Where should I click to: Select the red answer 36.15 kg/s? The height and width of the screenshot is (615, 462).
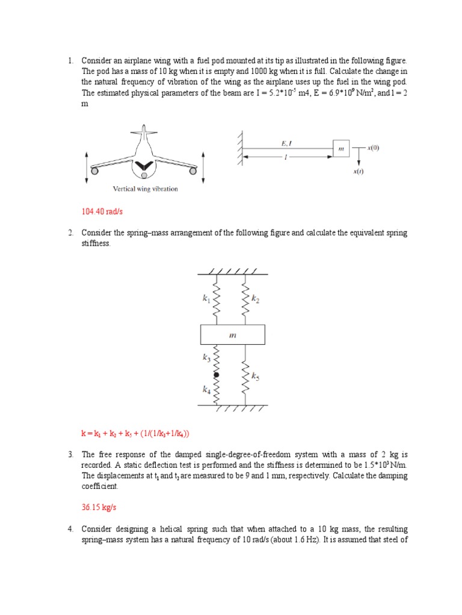click(99, 507)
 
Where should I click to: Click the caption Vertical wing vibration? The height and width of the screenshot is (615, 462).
click(145, 189)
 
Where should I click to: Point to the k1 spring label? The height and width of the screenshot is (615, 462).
click(206, 298)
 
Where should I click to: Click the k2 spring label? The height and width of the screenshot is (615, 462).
click(255, 299)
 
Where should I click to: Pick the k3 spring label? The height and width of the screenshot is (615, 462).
click(206, 359)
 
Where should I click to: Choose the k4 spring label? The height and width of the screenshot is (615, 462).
click(206, 390)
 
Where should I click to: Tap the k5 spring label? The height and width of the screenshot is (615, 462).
click(255, 377)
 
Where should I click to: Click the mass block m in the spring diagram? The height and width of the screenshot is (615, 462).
click(232, 336)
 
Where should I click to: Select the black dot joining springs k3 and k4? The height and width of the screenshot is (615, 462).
click(217, 375)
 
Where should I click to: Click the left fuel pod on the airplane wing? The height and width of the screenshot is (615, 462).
click(94, 172)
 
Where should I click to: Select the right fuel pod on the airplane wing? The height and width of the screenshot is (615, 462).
click(192, 172)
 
